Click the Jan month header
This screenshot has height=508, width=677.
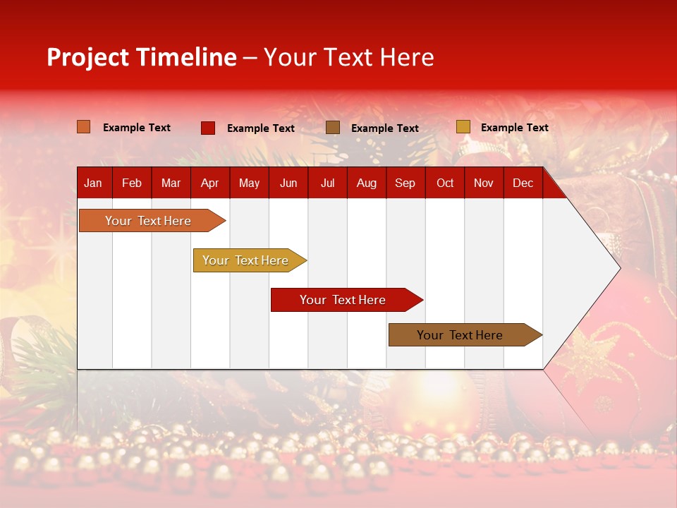[93, 183]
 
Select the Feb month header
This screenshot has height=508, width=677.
[132, 183]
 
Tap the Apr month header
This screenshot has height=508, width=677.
[209, 183]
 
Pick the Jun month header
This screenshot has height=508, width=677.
[288, 183]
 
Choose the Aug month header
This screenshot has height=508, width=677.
[366, 183]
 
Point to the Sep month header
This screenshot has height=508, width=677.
[405, 183]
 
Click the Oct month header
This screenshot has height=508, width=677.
[445, 183]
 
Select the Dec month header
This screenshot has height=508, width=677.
[523, 183]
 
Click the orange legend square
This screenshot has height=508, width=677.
[84, 127]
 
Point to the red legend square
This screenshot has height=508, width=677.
[208, 128]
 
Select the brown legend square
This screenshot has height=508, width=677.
[333, 128]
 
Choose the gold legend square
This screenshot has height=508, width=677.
[463, 127]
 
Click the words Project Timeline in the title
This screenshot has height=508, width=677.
[141, 57]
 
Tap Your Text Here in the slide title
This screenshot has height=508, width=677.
[348, 57]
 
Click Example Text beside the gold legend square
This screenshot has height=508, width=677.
[514, 128]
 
